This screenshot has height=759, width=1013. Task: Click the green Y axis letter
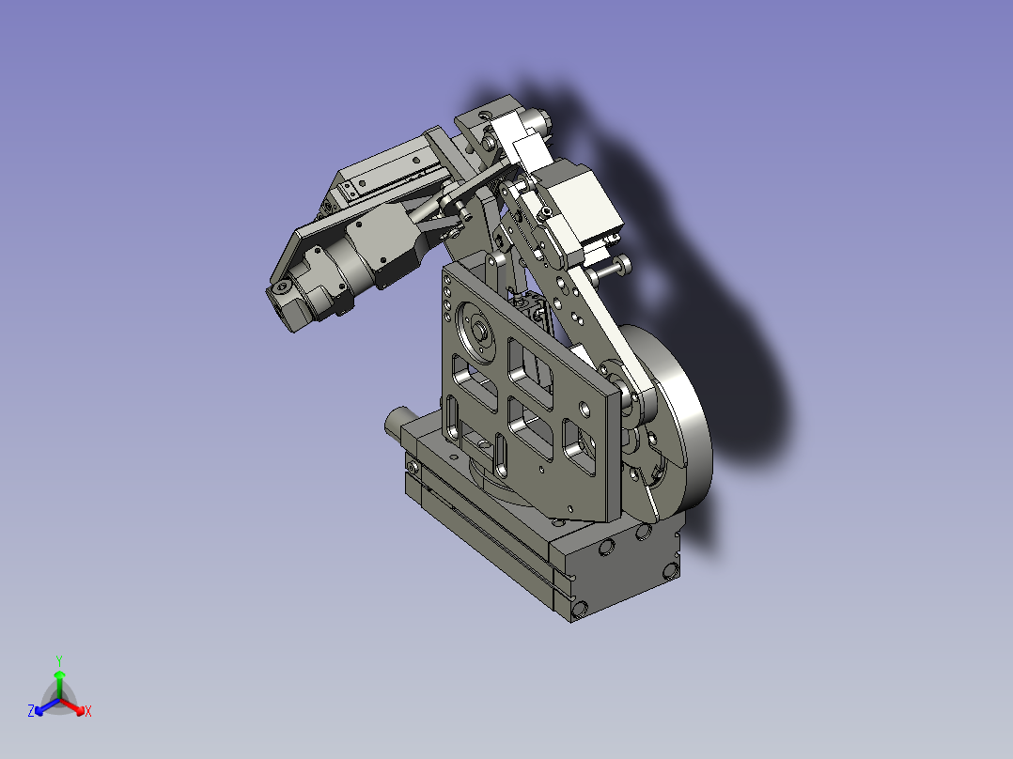click(59, 660)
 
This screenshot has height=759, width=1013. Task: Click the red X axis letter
click(88, 711)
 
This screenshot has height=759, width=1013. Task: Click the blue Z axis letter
click(31, 711)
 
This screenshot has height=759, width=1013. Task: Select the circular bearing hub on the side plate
click(476, 331)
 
